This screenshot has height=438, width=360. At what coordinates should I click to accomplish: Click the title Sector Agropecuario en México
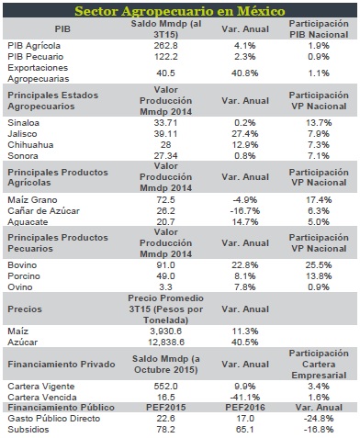[x=180, y=11]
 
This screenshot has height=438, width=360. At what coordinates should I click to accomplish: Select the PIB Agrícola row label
[x=34, y=46]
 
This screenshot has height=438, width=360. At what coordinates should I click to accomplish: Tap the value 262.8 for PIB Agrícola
[x=165, y=46]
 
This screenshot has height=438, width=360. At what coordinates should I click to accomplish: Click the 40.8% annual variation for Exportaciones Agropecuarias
[x=245, y=73]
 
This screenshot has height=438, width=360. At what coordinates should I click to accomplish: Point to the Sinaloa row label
[x=24, y=123]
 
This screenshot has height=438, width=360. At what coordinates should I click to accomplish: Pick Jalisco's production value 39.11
[x=165, y=134]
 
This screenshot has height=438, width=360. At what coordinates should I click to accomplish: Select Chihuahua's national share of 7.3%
[x=319, y=145]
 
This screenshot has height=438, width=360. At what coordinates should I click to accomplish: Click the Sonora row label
[x=23, y=156]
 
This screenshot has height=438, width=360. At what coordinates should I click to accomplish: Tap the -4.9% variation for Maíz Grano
[x=245, y=200]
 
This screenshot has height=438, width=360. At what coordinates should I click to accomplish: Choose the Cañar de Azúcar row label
[x=43, y=211]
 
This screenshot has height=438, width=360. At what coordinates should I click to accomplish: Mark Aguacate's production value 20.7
[x=165, y=221]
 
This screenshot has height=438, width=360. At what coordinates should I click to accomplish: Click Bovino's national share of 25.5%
[x=319, y=265]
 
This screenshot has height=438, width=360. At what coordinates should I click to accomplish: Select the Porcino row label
[x=24, y=276]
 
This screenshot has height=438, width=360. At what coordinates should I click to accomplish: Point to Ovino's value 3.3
[x=165, y=287]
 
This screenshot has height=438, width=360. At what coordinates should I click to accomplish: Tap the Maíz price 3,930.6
[x=165, y=331]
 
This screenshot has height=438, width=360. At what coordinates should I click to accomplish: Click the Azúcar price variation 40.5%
[x=245, y=343]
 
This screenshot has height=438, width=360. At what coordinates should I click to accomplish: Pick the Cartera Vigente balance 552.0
[x=165, y=387]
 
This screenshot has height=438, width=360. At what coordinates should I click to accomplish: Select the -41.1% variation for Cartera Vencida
[x=245, y=398]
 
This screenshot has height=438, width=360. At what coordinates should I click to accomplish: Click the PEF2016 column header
[x=245, y=408]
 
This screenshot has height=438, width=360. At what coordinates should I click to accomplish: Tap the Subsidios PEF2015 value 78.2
[x=165, y=430]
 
